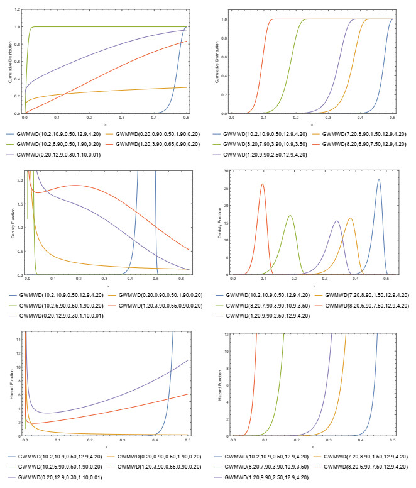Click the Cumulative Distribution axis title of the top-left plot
point(11,61)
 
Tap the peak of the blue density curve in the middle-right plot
point(379,180)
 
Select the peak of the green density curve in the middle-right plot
point(290,216)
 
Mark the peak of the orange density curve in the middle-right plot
point(350,218)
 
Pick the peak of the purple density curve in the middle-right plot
point(337,221)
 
